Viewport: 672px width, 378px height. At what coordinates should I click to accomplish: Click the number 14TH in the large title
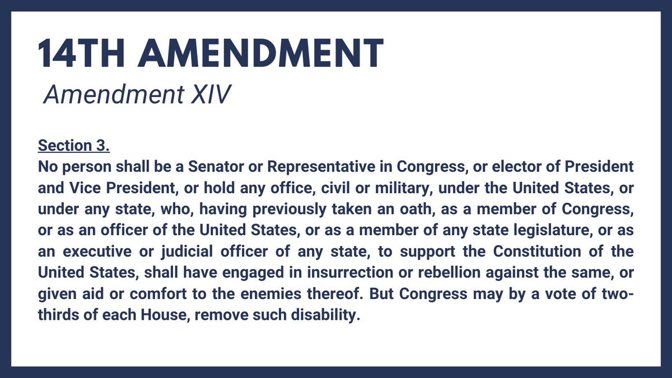tap(78, 54)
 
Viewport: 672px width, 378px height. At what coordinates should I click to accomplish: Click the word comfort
tap(148, 293)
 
